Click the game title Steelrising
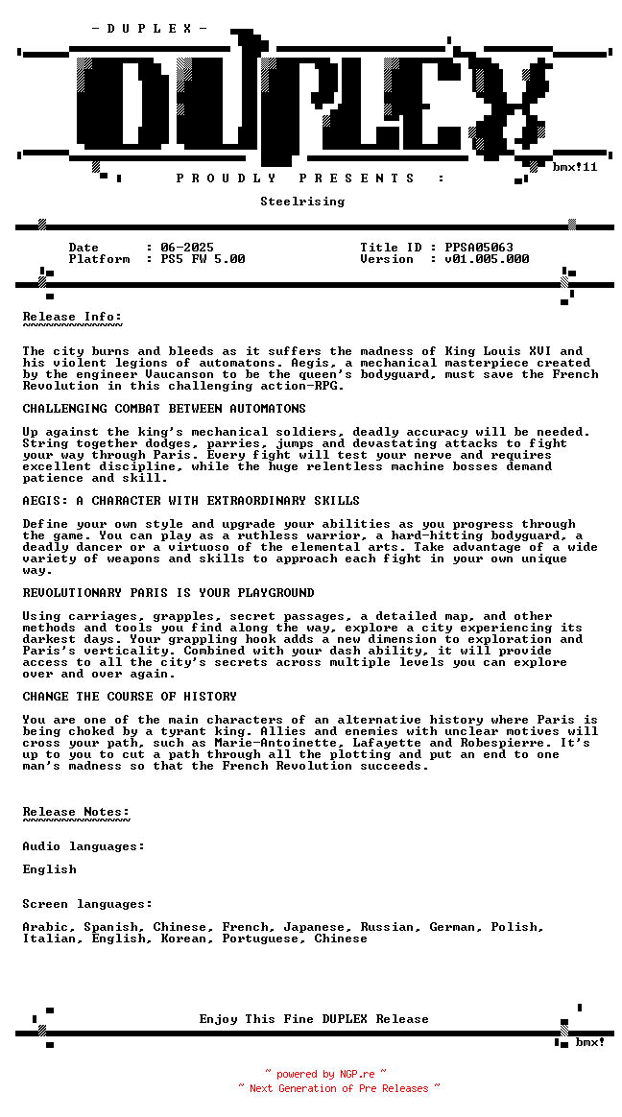click(x=302, y=202)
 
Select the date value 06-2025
click(x=187, y=248)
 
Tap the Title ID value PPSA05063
click(x=479, y=248)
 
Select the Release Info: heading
click(x=72, y=317)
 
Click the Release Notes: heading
click(x=76, y=812)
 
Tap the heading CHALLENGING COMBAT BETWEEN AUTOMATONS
click(x=164, y=409)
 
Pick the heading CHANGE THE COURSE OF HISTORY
click(x=130, y=697)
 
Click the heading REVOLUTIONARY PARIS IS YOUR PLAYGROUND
click(x=168, y=593)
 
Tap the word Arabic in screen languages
click(x=45, y=927)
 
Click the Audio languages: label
click(x=84, y=846)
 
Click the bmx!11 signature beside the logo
click(x=575, y=167)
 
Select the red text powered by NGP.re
click(x=325, y=1075)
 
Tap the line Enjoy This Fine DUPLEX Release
click(x=314, y=1019)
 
